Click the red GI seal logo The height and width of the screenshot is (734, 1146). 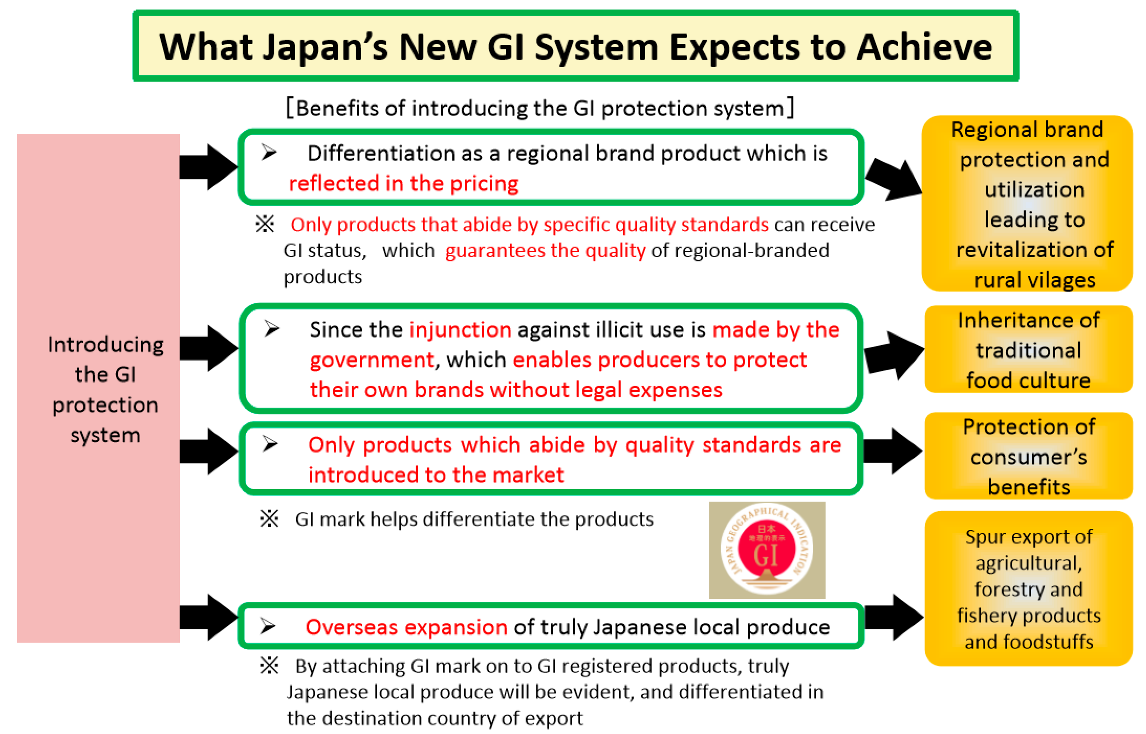coord(766,550)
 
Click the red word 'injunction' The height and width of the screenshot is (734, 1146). coord(460,329)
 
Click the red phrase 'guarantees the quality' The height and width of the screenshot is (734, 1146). coord(545,250)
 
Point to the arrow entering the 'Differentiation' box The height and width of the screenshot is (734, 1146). coord(208,167)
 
